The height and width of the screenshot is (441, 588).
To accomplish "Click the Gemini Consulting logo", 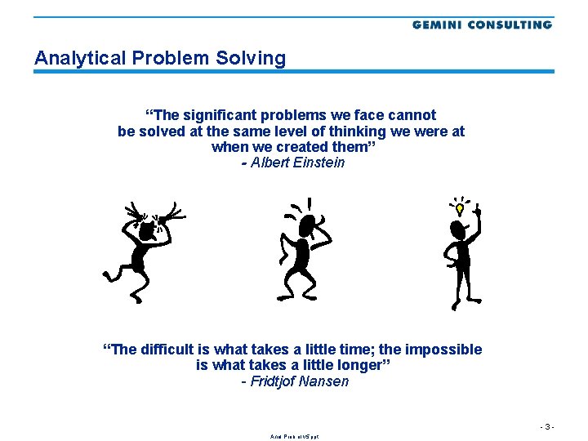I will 482,24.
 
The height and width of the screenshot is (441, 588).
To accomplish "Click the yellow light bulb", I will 460,208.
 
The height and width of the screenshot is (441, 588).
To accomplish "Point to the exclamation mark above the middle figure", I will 309,202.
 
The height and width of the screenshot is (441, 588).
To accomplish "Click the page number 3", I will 549,426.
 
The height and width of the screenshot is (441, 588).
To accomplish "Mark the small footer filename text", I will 294,437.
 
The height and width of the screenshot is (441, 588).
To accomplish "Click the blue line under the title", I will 294,72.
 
